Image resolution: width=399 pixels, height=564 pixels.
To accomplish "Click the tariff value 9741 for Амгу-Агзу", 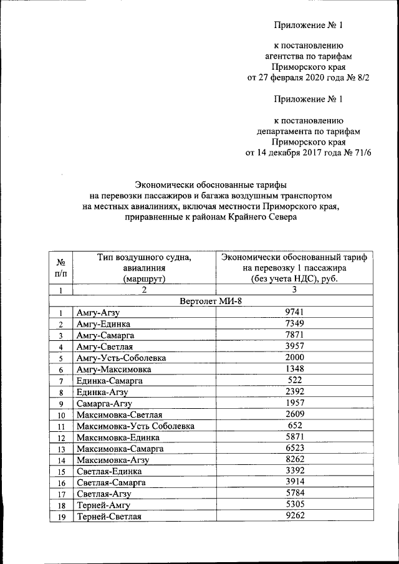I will pos(293,312).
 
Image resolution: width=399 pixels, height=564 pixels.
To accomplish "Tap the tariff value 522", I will pos(293,380).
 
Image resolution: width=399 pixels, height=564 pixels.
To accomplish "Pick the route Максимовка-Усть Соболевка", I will pos(135,426).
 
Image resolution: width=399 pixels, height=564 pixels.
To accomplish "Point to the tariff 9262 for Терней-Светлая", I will pos(293,516).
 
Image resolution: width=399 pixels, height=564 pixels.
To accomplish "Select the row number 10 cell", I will pos(61,415).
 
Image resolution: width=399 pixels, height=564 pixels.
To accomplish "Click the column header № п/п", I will pos(61,267).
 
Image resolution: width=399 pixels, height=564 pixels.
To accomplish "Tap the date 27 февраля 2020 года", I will pos(293,79).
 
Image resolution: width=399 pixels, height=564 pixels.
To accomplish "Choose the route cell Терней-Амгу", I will pos(102,505).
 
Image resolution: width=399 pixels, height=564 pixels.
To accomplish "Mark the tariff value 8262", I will pos(293,459).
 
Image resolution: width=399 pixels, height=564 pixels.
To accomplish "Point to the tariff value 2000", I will pos(293,358).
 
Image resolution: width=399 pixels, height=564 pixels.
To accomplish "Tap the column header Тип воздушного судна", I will pos(143,257).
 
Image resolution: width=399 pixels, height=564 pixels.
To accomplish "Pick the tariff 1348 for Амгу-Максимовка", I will pos(293,369).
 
